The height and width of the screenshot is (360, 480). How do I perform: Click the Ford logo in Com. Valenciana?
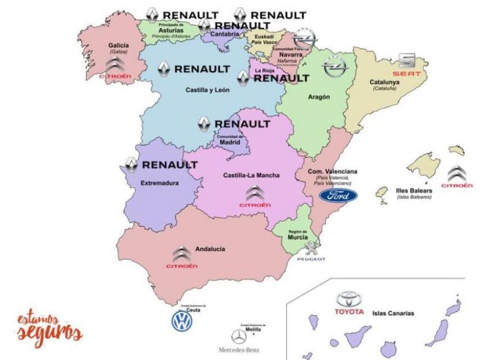[x=338, y=196]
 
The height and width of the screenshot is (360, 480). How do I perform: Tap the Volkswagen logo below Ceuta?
[x=182, y=321]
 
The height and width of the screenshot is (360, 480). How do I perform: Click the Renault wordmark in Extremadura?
[x=169, y=165]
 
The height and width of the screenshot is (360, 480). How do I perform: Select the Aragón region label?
[x=319, y=97]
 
